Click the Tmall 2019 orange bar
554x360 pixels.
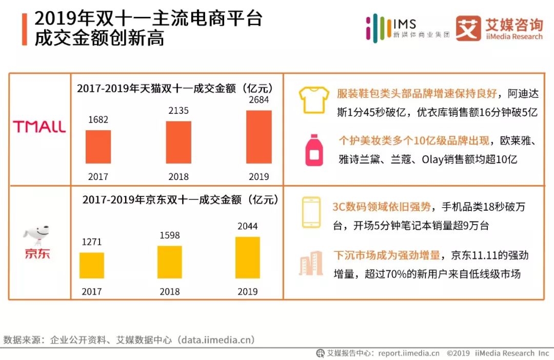[259, 137]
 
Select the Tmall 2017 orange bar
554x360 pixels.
[98, 147]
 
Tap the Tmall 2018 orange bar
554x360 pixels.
[179, 142]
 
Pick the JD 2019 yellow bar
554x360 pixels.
[247, 257]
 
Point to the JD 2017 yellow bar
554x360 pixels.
[92, 265]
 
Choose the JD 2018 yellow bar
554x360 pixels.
[169, 262]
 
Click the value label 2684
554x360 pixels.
[259, 100]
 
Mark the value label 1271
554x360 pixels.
[92, 242]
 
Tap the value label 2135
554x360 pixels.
[179, 110]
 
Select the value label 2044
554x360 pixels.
[247, 226]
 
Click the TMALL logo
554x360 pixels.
[39, 127]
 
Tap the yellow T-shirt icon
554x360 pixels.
[313, 99]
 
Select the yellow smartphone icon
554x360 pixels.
[311, 212]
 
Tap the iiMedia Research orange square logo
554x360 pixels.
[468, 28]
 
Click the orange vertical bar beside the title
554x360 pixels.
[24, 29]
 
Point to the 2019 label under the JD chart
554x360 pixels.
[247, 292]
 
